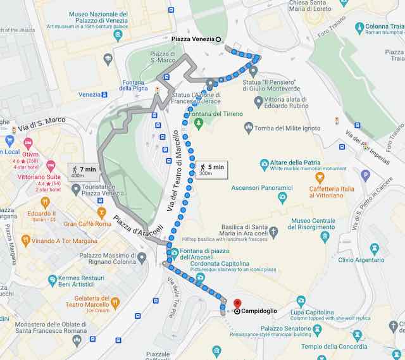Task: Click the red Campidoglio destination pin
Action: coord(237,304)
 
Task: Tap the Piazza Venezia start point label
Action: coord(192,39)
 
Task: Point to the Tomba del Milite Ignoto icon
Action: coord(249,128)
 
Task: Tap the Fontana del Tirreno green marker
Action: coord(198,121)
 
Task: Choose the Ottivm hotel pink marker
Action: coord(28,144)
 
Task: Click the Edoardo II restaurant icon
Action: coord(45,203)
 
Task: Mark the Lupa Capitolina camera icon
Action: coord(301,301)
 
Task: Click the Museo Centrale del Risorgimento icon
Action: coord(325,237)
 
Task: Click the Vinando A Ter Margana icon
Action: coord(25,240)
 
